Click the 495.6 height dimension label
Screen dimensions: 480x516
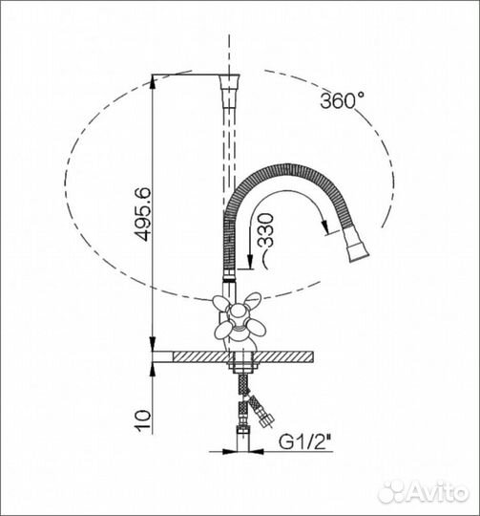click(143, 214)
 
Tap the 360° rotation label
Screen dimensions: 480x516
click(342, 100)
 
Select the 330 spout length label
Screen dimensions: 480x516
click(265, 230)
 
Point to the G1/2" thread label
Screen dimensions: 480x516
click(304, 442)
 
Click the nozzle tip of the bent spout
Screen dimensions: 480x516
click(359, 252)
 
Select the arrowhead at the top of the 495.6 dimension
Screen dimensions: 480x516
click(153, 82)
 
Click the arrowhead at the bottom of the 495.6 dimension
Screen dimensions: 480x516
click(153, 344)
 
